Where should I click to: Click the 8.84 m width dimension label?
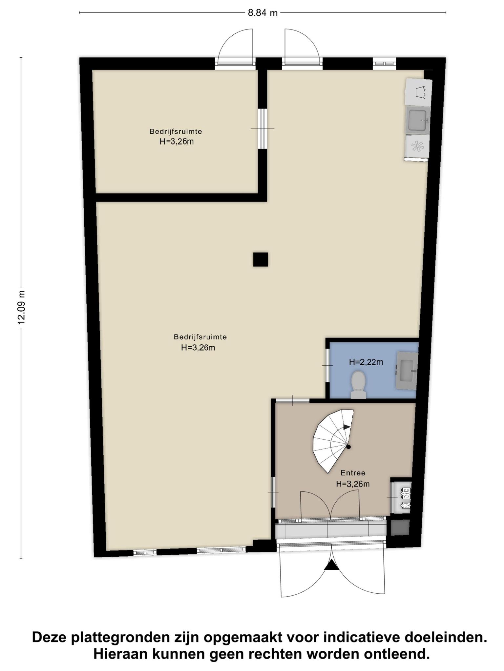(262, 13)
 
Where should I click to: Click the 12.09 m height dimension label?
(21, 307)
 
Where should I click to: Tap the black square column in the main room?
(261, 259)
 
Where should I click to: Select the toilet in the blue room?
(358, 385)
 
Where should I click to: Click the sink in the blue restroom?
(407, 370)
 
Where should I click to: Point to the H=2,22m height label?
(366, 362)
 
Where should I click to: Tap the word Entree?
(353, 473)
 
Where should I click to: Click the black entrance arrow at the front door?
(332, 565)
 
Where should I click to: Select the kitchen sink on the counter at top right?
(418, 120)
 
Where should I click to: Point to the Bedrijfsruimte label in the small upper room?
(176, 131)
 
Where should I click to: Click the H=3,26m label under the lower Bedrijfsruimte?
(198, 348)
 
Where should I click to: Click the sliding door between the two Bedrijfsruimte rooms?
(262, 129)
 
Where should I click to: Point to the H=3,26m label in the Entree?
(353, 484)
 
